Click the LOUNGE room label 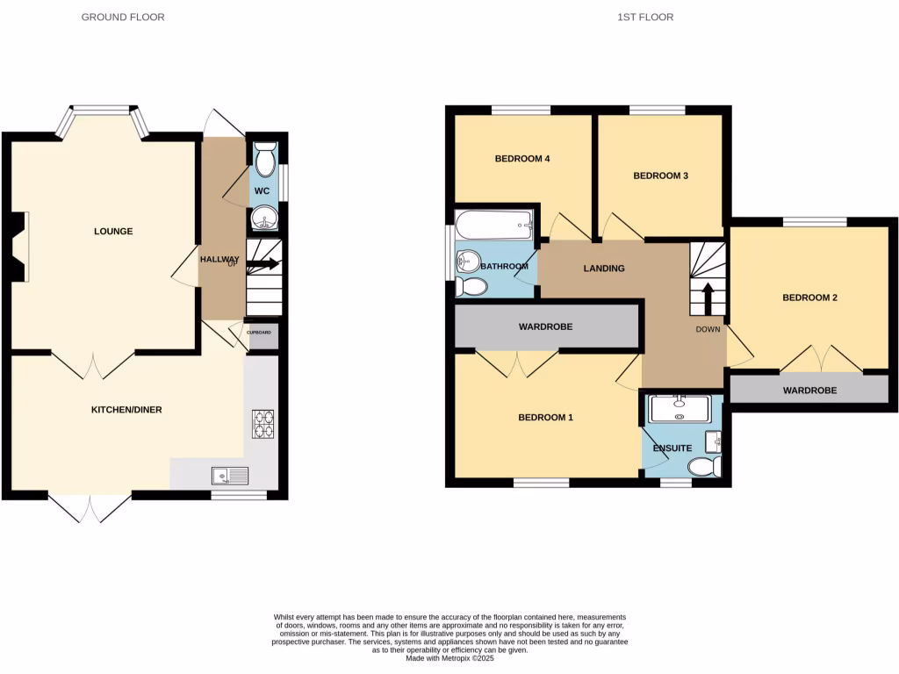[x=113, y=232]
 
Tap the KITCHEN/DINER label [x=127, y=410]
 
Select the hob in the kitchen [x=263, y=424]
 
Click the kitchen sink [x=231, y=476]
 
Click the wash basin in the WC [x=263, y=219]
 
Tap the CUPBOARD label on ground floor [x=259, y=333]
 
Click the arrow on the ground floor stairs [x=266, y=263]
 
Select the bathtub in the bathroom [x=493, y=228]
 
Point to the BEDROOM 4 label [x=522, y=159]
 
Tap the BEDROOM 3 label [x=660, y=176]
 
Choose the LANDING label [x=604, y=269]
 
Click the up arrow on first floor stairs [x=708, y=298]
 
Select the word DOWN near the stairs [x=708, y=329]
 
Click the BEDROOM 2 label [x=809, y=298]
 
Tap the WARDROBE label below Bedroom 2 [x=809, y=390]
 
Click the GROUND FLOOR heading [x=123, y=17]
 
